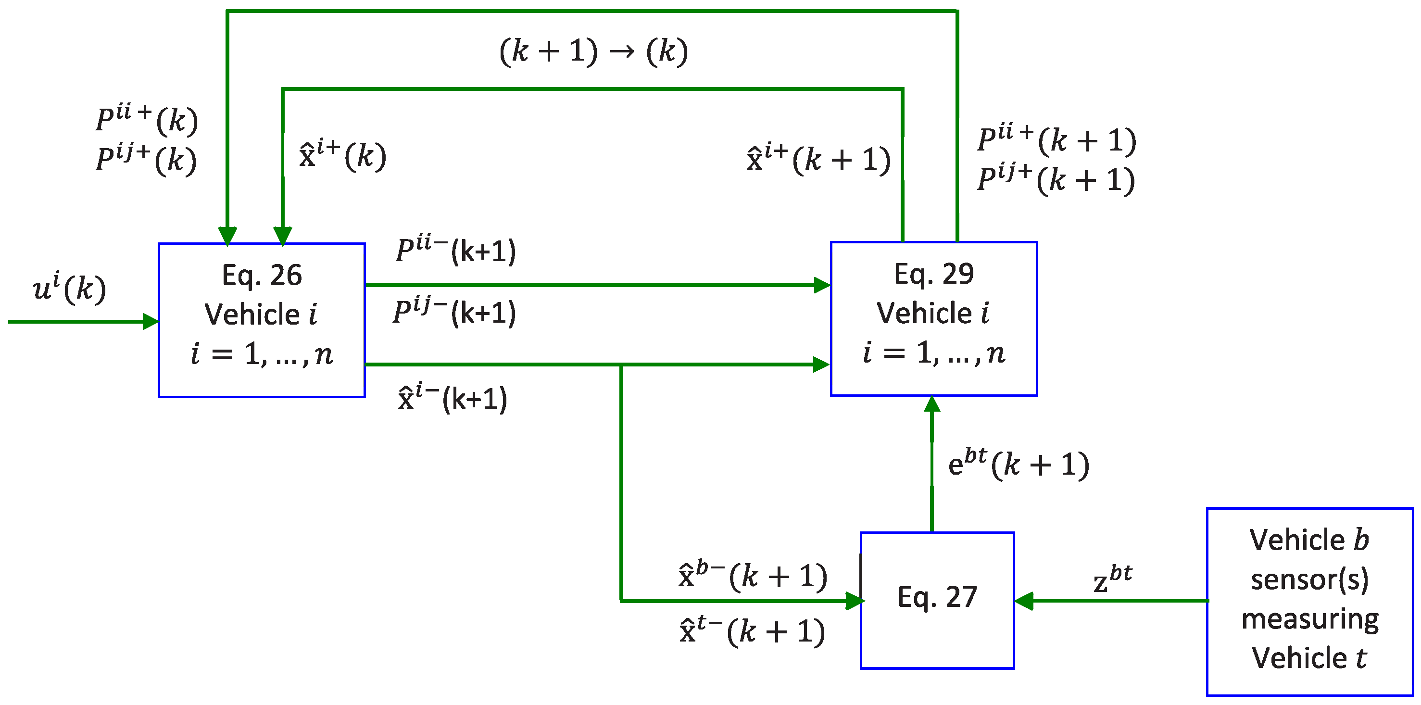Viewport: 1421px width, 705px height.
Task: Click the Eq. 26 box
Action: pos(262,319)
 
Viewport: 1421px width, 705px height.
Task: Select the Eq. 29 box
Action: pos(933,318)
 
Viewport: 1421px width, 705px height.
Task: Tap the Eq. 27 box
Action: pos(937,600)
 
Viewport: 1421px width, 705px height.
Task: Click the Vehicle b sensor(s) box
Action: pos(1309,601)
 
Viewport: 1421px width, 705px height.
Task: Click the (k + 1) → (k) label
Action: pos(593,51)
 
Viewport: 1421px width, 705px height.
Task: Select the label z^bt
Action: pos(1112,579)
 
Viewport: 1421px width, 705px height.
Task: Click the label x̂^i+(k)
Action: pos(342,155)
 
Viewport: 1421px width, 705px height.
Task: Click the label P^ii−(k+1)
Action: pos(456,251)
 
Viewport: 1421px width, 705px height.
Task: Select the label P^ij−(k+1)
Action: pos(454,312)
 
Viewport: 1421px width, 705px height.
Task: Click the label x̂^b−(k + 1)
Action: pos(753,576)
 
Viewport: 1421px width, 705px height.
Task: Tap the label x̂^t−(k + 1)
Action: pos(753,631)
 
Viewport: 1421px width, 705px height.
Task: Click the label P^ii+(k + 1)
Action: pos(1056,139)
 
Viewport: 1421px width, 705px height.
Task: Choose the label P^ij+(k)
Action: pos(146,160)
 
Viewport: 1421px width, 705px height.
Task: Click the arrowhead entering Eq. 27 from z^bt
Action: pos(1024,601)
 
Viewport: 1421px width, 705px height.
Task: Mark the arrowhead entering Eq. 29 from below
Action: pos(931,404)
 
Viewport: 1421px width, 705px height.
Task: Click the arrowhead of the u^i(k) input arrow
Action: pos(151,322)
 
